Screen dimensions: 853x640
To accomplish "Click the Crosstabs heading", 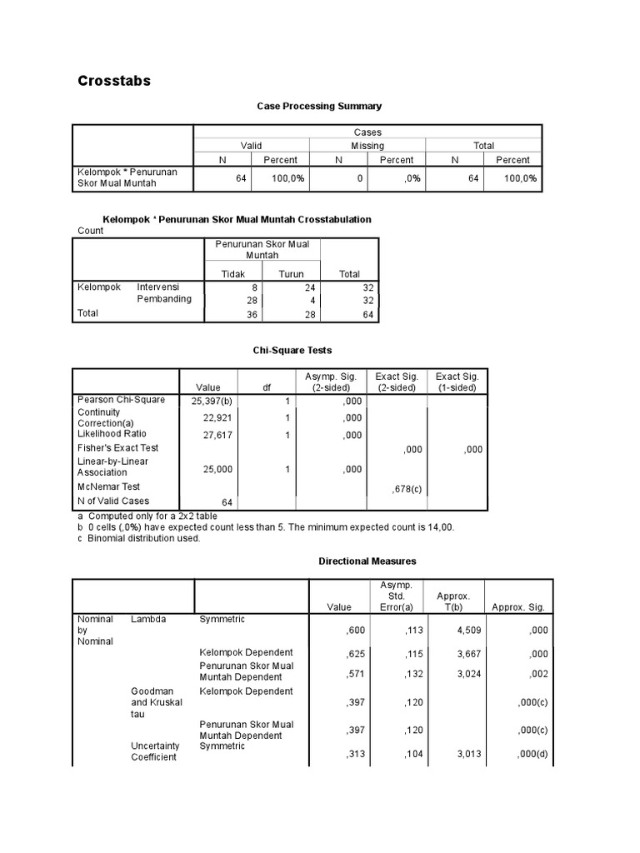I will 114,81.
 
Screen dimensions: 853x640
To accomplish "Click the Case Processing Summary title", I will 319,106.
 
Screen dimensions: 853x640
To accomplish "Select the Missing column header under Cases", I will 367,146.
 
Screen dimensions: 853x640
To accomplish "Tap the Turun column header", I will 291,273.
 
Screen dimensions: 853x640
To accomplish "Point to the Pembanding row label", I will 164,299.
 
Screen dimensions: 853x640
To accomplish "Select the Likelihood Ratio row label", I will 111,434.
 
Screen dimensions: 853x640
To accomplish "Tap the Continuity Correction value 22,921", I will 217,417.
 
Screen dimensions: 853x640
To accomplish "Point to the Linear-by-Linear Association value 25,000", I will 217,469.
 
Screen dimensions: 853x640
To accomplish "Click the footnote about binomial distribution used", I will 138,538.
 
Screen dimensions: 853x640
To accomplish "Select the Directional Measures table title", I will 367,561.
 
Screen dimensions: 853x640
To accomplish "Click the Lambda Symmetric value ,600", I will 357,631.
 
